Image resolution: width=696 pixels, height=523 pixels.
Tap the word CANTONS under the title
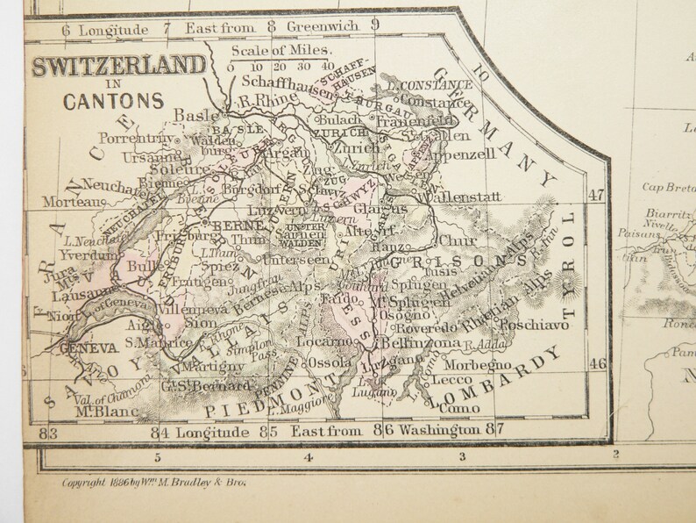pos(112,99)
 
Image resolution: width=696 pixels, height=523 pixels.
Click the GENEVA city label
pos(88,348)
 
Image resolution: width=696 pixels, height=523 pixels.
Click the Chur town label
pos(458,237)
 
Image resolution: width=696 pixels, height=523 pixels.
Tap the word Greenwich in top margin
pos(323,25)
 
